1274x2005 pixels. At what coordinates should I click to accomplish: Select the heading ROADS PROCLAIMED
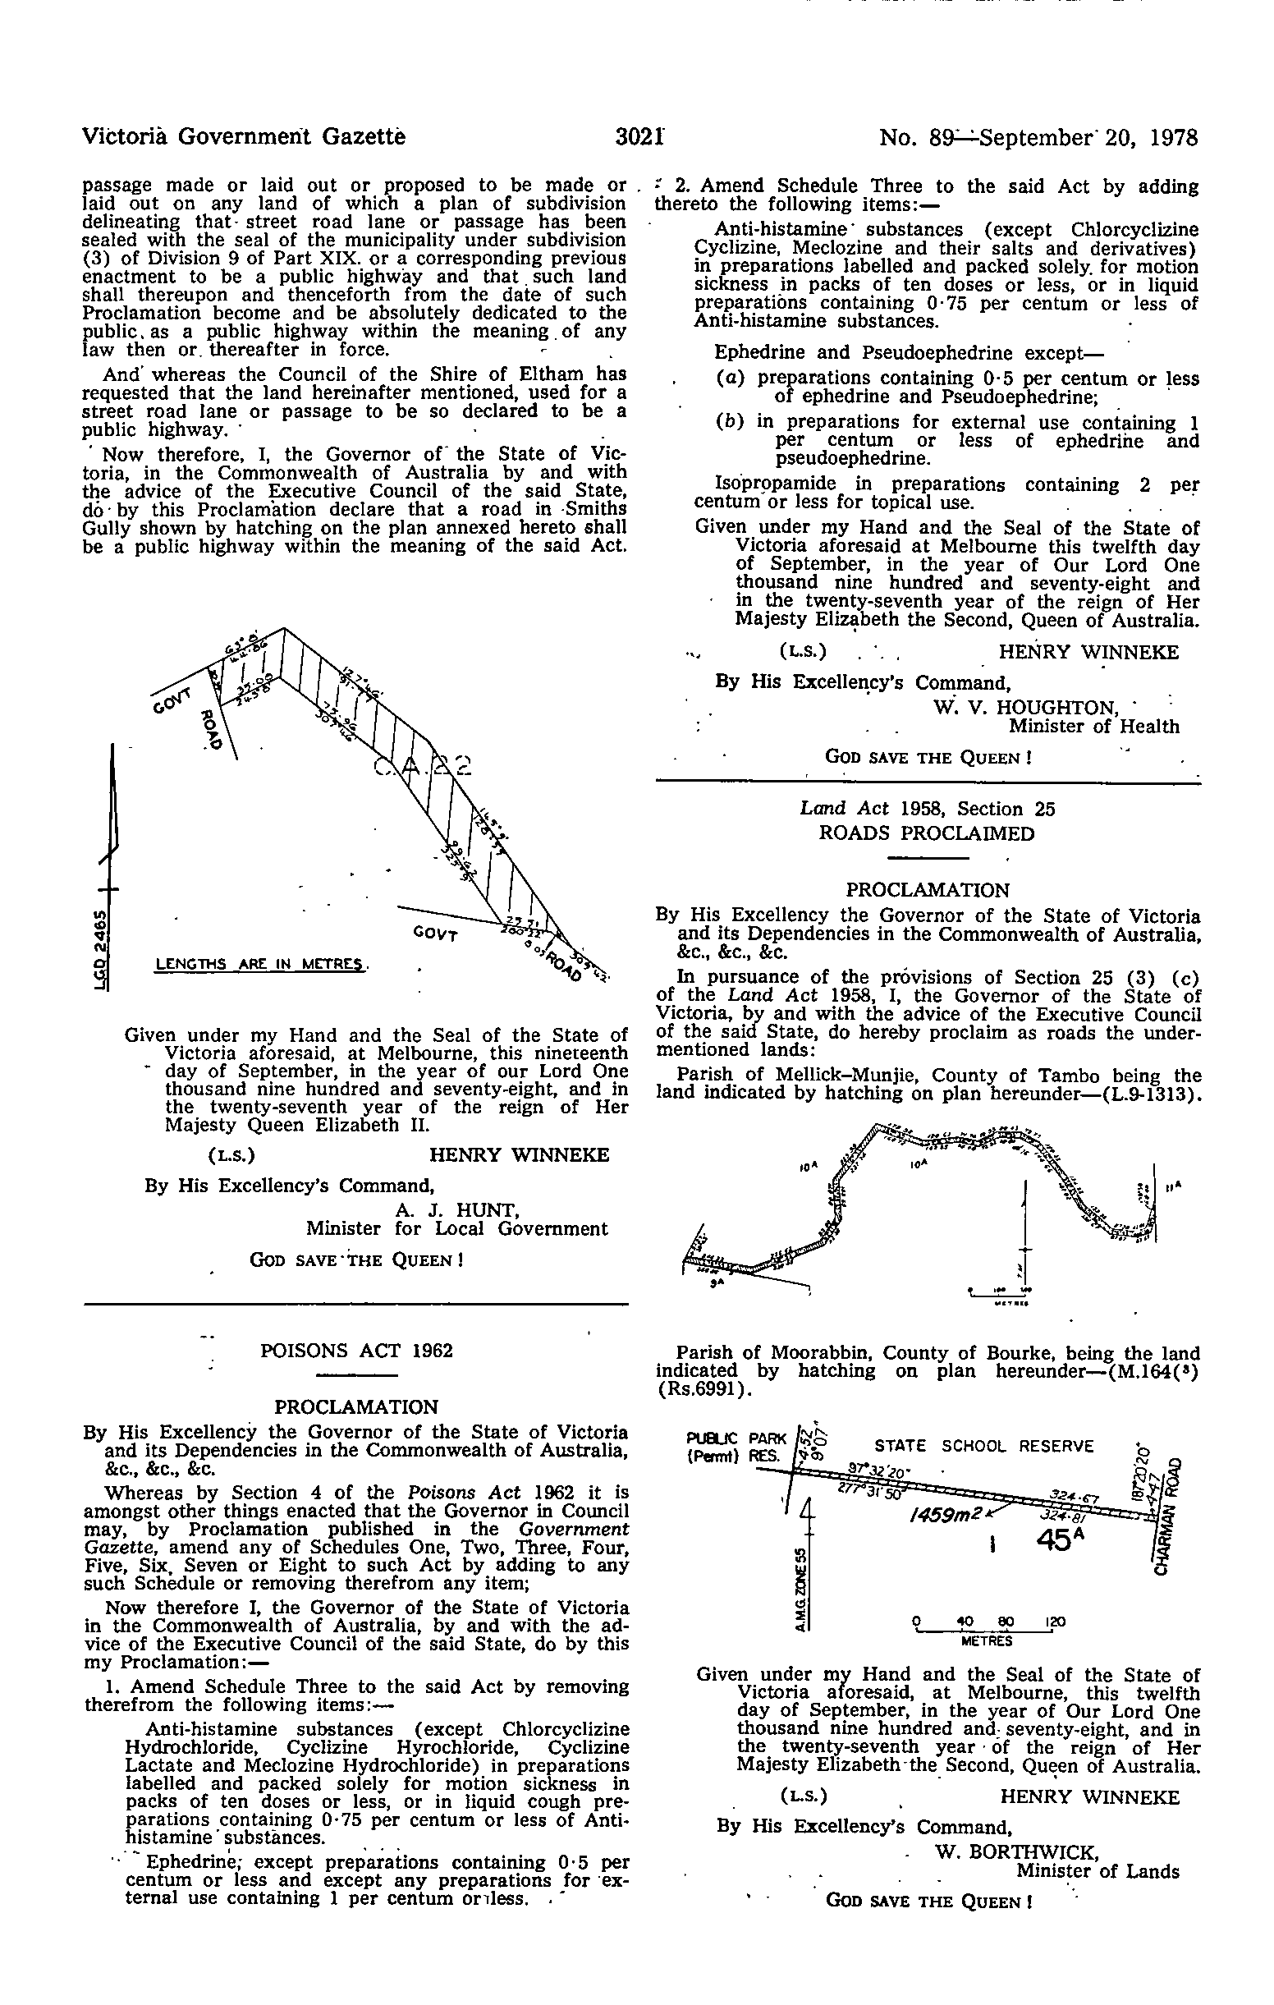pos(927,833)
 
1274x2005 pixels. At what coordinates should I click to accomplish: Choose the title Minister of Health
pos(1093,727)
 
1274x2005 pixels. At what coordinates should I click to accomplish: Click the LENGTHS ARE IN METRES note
pos(261,965)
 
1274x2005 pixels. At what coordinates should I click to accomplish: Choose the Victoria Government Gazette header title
pos(244,136)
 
